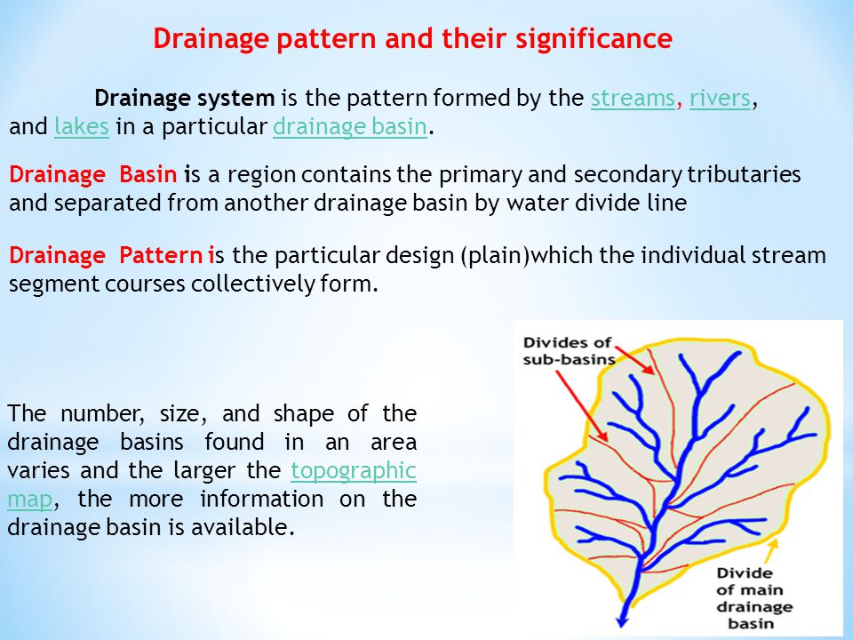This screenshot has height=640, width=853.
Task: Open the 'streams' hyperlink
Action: (x=633, y=99)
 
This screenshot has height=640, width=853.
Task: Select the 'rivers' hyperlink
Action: (x=720, y=99)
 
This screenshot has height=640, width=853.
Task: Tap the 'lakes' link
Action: (x=82, y=126)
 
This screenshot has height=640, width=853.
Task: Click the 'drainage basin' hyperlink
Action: (x=350, y=127)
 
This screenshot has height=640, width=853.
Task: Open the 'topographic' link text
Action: (x=354, y=471)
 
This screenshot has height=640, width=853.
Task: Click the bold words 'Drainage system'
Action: (x=185, y=99)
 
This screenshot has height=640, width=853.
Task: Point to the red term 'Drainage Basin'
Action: (x=93, y=175)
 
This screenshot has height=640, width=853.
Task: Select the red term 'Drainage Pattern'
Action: (x=106, y=256)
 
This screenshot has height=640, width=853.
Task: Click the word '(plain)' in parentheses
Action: (x=495, y=256)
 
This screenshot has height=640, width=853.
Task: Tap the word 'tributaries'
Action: (x=744, y=175)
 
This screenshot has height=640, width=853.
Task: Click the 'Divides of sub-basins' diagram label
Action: (x=569, y=351)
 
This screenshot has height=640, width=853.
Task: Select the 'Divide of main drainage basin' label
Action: (x=754, y=598)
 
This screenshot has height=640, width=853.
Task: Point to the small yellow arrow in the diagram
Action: (x=771, y=551)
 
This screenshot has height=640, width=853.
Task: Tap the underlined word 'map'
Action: (x=30, y=500)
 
